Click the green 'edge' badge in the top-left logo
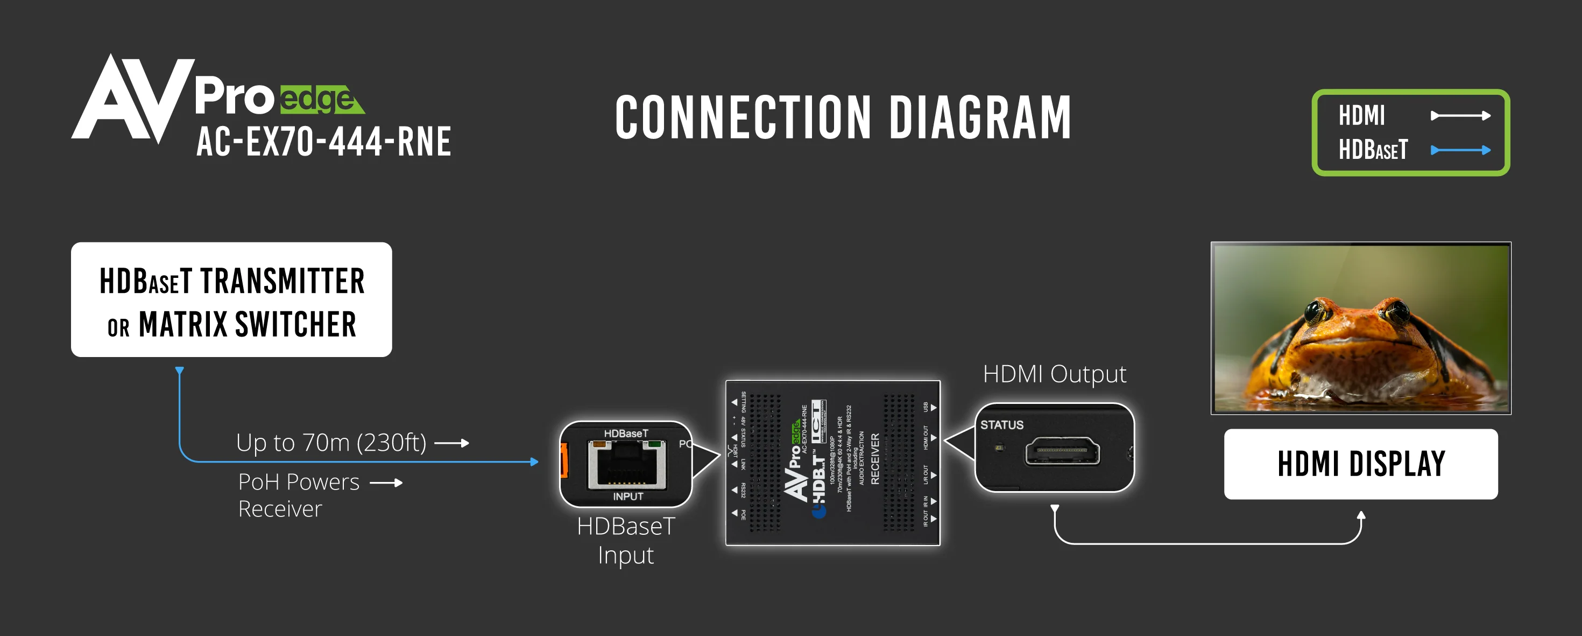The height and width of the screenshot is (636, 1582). [x=319, y=100]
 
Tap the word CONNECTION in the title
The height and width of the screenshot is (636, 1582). [x=743, y=117]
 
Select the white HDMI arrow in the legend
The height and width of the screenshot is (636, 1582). [x=1460, y=116]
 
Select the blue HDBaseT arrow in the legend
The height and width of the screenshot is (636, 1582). [x=1460, y=150]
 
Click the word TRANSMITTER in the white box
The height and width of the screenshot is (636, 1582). [x=282, y=282]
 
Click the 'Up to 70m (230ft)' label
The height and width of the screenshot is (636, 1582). [x=331, y=443]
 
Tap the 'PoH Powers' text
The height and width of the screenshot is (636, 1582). [x=299, y=483]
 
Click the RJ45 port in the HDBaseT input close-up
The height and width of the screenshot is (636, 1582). [x=626, y=465]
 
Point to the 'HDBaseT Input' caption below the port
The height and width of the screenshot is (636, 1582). [x=626, y=540]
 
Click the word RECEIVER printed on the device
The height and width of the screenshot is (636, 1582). [x=875, y=458]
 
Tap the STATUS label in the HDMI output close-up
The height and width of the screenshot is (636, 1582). [x=1001, y=424]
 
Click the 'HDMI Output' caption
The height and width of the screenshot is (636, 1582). [x=1055, y=374]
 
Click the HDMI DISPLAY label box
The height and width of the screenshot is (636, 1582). [x=1361, y=464]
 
